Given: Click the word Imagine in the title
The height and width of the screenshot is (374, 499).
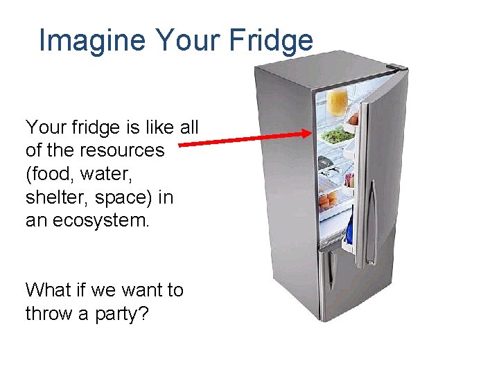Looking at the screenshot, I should (x=92, y=41).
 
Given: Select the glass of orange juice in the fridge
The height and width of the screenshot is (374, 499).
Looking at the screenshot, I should (x=338, y=101).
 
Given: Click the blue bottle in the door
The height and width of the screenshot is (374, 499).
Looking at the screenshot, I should (x=349, y=232).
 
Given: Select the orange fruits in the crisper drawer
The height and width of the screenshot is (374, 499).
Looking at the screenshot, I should (x=328, y=201).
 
